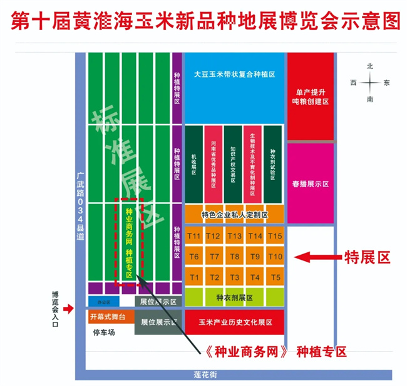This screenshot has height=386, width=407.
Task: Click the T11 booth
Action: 194,236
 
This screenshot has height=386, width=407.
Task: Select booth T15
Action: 275,236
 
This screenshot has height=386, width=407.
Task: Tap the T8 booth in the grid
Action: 235,257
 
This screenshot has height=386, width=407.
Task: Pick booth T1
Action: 194,277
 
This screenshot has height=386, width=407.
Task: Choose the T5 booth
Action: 275,277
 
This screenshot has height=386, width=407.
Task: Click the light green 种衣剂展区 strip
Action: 234,297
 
